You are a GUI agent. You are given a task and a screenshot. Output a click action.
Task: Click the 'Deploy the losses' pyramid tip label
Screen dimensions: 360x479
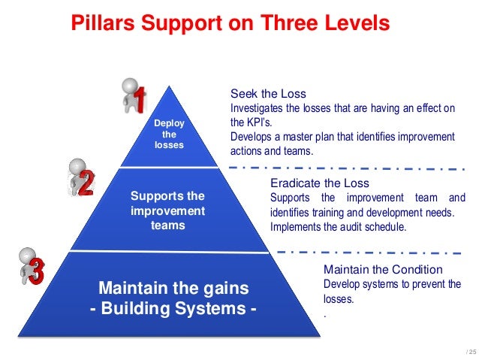click(168, 134)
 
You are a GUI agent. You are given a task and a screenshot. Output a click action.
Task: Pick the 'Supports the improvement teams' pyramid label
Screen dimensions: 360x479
click(167, 210)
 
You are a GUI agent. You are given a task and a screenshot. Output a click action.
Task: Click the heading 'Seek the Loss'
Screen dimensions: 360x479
click(268, 94)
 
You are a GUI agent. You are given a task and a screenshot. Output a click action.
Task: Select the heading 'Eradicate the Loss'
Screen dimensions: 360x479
click(319, 183)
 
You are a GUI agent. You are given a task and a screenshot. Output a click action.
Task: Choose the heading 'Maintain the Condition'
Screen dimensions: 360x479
click(383, 269)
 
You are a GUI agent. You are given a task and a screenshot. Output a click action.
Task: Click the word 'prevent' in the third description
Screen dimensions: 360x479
click(429, 283)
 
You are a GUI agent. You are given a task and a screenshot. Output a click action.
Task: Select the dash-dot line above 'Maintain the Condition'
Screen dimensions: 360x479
click(368, 252)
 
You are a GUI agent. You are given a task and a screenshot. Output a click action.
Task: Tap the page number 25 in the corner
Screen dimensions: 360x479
click(470, 352)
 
